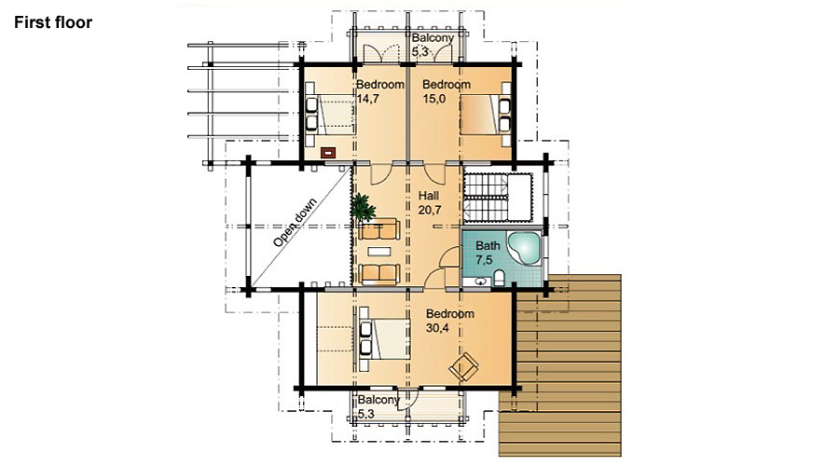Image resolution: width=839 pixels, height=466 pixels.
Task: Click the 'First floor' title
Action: (53, 22)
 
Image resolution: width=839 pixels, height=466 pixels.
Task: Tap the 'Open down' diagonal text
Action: (295, 223)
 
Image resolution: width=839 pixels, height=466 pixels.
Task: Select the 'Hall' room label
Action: (429, 196)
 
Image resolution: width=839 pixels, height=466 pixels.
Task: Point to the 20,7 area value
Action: (430, 211)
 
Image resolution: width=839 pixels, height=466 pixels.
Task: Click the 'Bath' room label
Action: (488, 245)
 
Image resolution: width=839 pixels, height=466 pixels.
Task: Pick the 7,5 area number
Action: (484, 260)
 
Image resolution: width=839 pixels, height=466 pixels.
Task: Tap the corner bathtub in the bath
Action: (524, 249)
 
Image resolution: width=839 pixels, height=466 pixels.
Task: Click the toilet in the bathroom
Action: (500, 279)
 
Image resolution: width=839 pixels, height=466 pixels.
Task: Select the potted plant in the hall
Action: (363, 207)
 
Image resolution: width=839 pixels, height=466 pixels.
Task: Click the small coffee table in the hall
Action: (378, 252)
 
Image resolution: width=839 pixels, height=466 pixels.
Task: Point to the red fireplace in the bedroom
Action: (328, 153)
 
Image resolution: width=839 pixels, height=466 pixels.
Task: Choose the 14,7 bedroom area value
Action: (367, 99)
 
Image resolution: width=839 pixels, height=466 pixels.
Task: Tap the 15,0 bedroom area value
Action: (433, 99)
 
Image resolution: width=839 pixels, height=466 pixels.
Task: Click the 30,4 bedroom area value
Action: (437, 328)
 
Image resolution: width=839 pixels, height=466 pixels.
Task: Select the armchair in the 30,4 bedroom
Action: (463, 367)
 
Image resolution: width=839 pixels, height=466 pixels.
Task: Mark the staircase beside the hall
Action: (497, 197)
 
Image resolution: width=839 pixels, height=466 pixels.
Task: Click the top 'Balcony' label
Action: (433, 38)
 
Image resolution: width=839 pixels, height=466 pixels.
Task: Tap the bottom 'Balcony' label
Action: (378, 400)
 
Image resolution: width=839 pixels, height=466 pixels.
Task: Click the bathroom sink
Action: (481, 281)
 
